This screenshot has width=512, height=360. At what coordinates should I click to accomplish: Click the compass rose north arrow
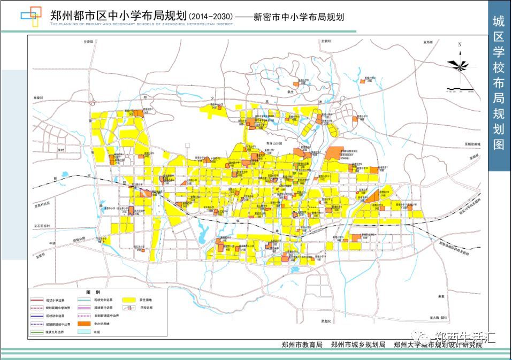458,64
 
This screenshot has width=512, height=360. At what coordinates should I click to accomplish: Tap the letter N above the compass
459,45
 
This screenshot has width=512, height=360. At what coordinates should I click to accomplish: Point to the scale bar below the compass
460,87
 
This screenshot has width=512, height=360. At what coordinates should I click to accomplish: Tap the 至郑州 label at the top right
427,41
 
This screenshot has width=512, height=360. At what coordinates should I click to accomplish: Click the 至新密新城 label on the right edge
473,144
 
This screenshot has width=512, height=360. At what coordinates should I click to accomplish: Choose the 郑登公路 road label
79,239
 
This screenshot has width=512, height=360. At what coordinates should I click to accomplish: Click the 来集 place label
441,296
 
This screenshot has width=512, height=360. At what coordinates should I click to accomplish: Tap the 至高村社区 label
42,204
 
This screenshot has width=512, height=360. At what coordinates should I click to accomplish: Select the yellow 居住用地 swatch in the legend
129,301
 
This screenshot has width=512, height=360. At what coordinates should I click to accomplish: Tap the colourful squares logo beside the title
31,16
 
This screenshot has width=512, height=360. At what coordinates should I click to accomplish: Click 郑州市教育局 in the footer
302,345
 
